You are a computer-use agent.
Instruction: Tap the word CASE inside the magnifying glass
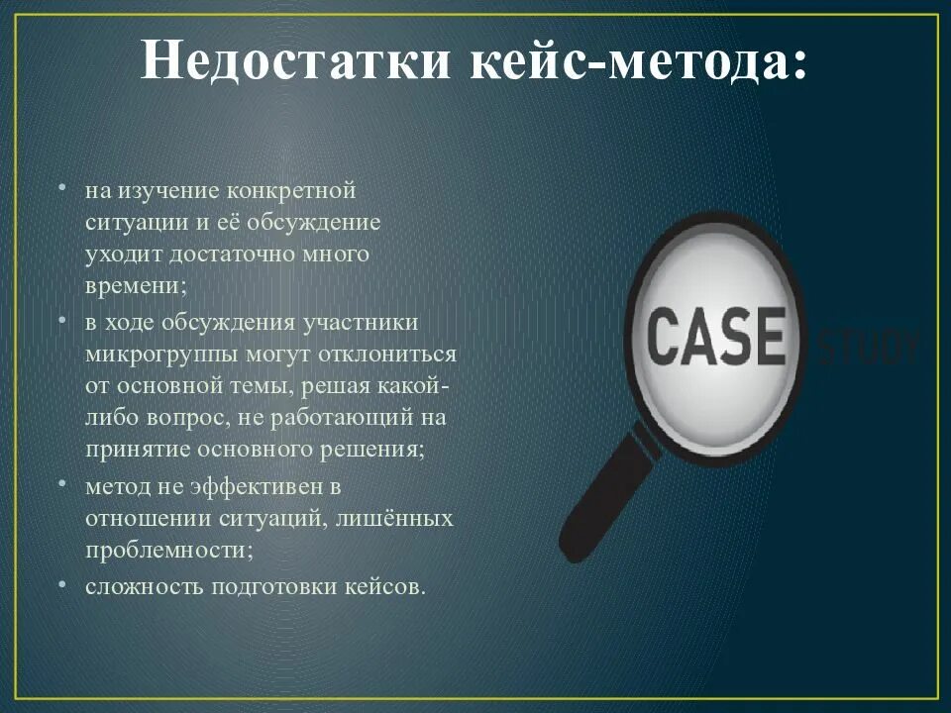click(715, 336)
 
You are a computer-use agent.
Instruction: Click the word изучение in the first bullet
click(168, 190)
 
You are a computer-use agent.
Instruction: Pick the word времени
click(132, 286)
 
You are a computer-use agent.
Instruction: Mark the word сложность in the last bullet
click(138, 586)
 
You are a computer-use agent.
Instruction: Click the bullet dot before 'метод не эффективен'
click(62, 485)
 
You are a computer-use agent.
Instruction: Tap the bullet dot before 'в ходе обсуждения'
click(62, 322)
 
